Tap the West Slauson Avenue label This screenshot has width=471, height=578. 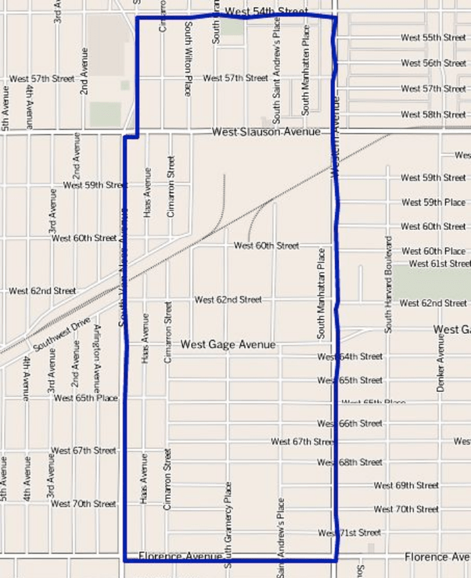(x=266, y=133)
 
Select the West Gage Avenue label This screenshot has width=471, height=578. (x=228, y=344)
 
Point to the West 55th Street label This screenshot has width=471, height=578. (x=433, y=38)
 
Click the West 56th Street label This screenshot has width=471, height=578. (x=433, y=63)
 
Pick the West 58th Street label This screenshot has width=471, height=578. (x=433, y=115)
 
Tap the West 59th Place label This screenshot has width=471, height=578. (x=433, y=203)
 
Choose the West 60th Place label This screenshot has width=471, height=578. (x=433, y=252)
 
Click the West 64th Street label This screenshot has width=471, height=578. (x=350, y=357)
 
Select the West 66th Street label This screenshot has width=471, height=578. (x=350, y=423)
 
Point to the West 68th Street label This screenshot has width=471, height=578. (x=350, y=462)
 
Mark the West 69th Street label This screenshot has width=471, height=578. (x=406, y=486)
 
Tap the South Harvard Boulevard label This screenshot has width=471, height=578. (x=387, y=283)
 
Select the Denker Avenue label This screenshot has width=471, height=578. (x=440, y=364)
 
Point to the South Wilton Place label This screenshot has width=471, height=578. (x=188, y=70)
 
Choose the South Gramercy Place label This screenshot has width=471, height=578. (x=228, y=524)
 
